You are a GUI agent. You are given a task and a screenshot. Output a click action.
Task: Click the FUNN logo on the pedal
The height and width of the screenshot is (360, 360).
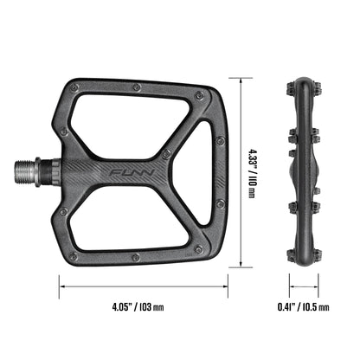[133, 173]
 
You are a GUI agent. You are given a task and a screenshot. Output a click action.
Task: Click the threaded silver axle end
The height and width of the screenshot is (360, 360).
[25, 171]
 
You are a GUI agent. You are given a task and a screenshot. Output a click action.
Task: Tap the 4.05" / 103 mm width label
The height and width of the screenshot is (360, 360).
[138, 306]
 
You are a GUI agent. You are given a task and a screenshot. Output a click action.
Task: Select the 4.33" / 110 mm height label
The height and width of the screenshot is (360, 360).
[252, 173]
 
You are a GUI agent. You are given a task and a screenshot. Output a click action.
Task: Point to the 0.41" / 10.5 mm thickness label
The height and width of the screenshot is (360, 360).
[303, 306]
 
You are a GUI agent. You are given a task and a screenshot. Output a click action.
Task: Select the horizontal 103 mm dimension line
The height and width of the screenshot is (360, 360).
[144, 286]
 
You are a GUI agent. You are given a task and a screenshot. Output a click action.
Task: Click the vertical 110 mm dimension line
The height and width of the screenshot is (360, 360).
[241, 172]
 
